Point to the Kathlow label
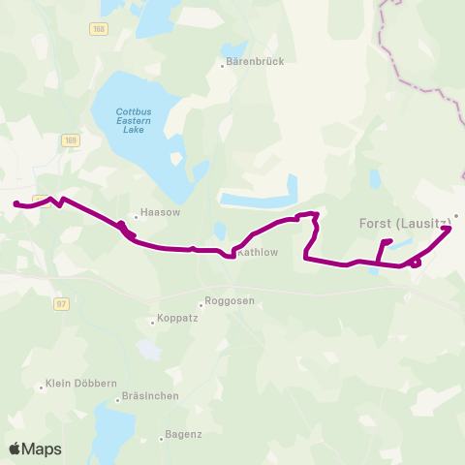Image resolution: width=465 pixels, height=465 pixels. [x=258, y=253]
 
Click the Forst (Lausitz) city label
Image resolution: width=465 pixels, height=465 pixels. [x=405, y=224]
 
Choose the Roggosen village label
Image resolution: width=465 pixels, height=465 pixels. [x=231, y=300]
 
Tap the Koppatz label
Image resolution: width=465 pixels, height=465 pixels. [x=177, y=321]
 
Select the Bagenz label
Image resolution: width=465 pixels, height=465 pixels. [x=184, y=434]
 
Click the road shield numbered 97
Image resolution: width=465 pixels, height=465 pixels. [x=62, y=303]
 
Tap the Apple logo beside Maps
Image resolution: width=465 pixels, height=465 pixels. [x=15, y=449]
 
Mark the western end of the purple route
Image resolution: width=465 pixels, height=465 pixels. [x=16, y=203]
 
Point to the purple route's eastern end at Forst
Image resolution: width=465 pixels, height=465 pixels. [x=448, y=229]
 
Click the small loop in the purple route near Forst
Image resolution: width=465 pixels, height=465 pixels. [x=416, y=262]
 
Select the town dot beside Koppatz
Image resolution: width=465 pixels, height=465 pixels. [x=152, y=321]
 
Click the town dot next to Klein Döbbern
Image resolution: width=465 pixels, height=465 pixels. [x=42, y=386]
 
